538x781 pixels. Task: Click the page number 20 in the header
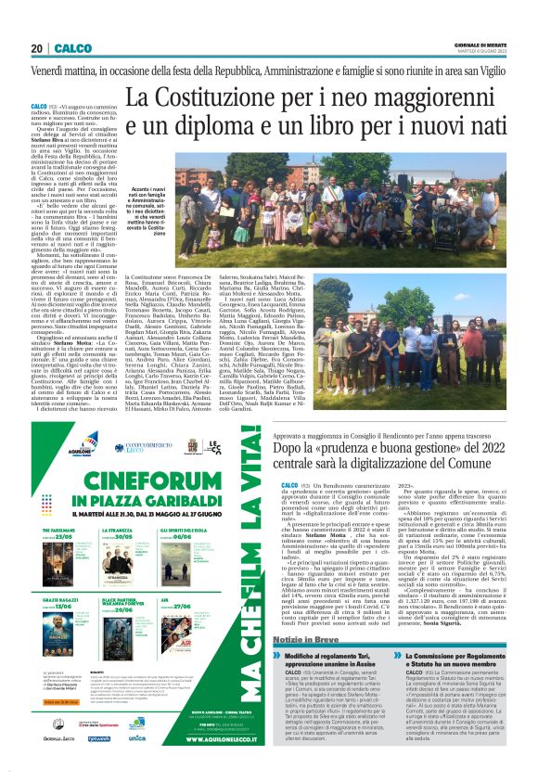coord(37,48)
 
